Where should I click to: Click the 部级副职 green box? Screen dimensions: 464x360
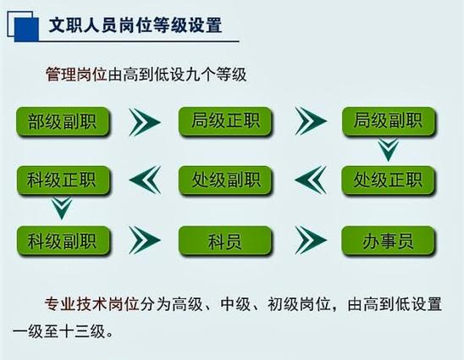click(63, 121)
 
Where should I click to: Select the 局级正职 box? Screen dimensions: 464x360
click(225, 121)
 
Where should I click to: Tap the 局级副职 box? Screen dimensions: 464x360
click(389, 121)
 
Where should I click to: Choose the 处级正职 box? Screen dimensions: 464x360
click(389, 180)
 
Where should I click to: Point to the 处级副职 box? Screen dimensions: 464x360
click(225, 180)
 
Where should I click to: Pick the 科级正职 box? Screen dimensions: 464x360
click(63, 180)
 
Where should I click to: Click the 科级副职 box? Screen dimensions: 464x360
click(63, 241)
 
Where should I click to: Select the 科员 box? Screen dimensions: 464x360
click(225, 241)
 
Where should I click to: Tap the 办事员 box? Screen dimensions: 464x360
click(389, 241)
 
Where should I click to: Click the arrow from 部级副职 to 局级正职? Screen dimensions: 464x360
click(145, 122)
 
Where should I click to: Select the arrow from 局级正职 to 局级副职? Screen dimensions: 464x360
click(310, 121)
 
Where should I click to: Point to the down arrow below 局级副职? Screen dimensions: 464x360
click(389, 150)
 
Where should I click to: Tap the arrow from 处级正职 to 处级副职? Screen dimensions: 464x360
click(311, 180)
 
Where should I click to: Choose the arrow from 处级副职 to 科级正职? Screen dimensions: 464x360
click(145, 180)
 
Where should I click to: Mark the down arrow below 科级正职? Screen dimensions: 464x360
click(62, 208)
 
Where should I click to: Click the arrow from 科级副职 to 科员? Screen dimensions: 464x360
click(145, 240)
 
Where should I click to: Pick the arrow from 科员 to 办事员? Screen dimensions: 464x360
click(311, 240)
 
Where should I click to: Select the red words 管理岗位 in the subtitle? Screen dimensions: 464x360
click(76, 74)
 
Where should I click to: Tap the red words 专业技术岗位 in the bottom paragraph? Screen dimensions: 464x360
click(91, 304)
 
